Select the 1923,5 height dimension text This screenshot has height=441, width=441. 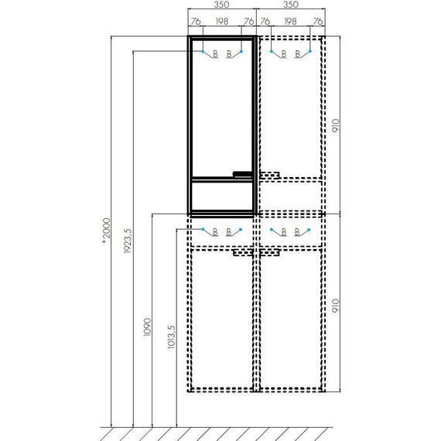129,239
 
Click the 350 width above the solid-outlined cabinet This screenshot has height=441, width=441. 221,5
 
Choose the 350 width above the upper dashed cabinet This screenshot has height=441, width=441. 290,5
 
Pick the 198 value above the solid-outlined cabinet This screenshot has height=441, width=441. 222,22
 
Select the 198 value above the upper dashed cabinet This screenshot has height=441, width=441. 290,22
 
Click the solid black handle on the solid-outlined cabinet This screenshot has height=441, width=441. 244,173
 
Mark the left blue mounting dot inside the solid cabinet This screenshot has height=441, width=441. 203,52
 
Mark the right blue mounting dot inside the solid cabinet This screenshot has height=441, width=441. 242,52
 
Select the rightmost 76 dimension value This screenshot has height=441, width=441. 317,22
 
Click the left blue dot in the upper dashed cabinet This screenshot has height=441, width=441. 271,52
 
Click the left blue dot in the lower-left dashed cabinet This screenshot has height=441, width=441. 203,230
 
